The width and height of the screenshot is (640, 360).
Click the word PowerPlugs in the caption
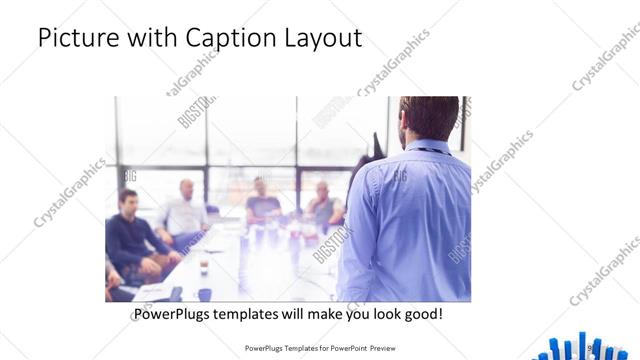(x=174, y=314)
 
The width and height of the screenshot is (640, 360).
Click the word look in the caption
(x=380, y=314)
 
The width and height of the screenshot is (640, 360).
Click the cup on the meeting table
(x=204, y=267)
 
